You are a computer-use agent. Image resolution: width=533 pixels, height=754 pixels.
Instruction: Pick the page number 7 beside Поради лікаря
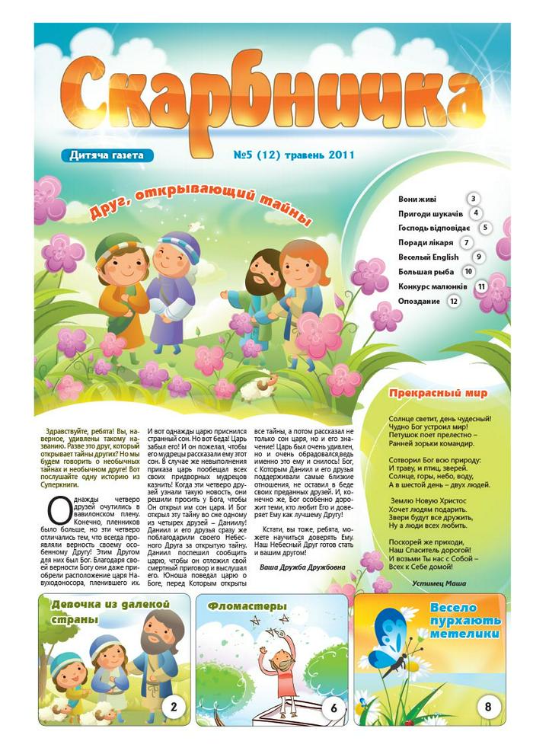(464, 242)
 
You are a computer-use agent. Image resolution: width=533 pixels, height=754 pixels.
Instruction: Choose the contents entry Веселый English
(428, 257)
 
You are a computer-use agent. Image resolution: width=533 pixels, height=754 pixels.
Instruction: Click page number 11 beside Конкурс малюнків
(481, 286)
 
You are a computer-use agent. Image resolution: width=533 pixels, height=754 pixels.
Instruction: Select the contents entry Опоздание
(421, 301)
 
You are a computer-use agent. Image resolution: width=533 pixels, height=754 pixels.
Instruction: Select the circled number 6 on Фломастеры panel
(334, 707)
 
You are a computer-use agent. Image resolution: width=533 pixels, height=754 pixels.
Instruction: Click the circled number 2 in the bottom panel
(174, 707)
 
